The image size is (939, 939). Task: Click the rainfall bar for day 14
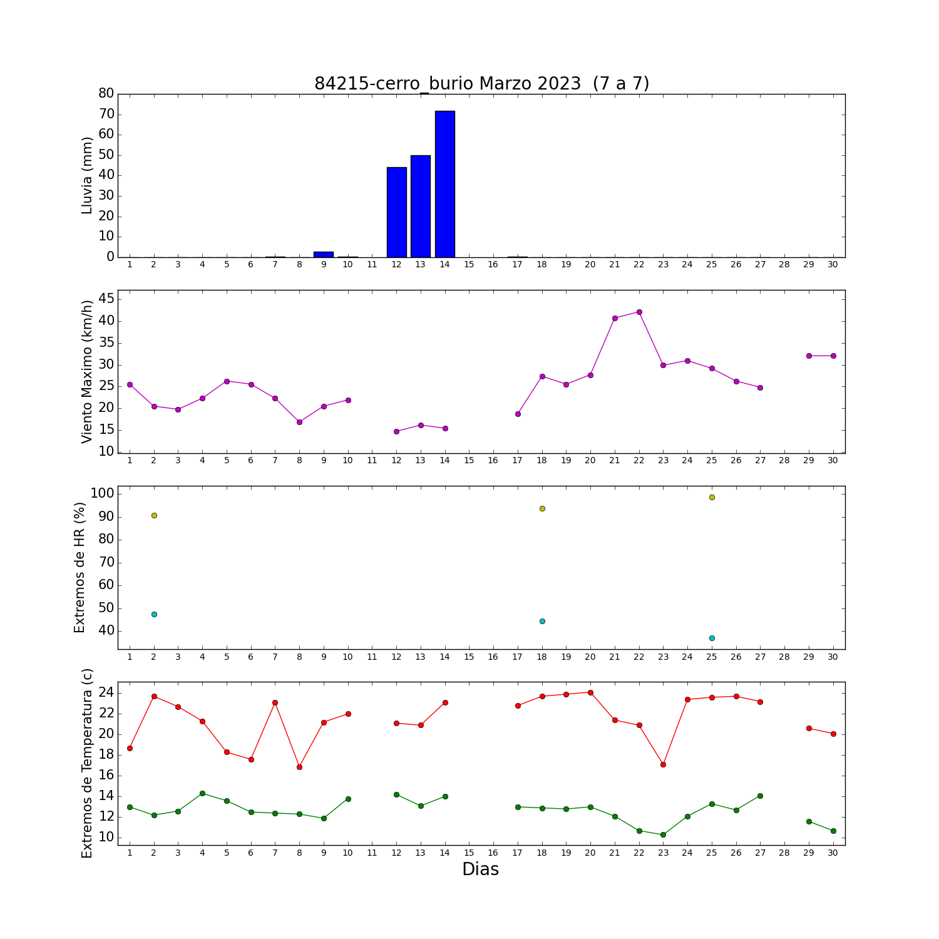(445, 184)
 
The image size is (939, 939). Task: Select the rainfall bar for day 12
(397, 212)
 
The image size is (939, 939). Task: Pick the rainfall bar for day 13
(421, 206)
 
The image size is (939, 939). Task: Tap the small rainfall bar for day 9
(324, 254)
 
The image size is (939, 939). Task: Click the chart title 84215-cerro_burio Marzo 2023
(448, 84)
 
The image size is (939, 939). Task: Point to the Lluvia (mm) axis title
(87, 176)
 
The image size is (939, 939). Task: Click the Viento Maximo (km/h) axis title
(87, 372)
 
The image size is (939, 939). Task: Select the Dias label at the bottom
(481, 869)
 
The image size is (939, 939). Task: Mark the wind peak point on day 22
(639, 312)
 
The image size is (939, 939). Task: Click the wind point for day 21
(615, 318)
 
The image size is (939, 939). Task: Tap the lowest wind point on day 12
(396, 431)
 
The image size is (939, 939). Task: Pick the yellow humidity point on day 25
(712, 497)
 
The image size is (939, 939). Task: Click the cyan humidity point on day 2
(154, 614)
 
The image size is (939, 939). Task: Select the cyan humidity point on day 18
(542, 621)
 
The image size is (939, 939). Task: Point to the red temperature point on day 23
(663, 764)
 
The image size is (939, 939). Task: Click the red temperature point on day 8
(299, 767)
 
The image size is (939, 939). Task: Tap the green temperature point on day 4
(202, 793)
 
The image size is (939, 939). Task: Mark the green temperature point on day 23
(663, 834)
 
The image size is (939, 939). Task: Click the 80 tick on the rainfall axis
(106, 93)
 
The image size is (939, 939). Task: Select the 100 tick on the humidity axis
(103, 493)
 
